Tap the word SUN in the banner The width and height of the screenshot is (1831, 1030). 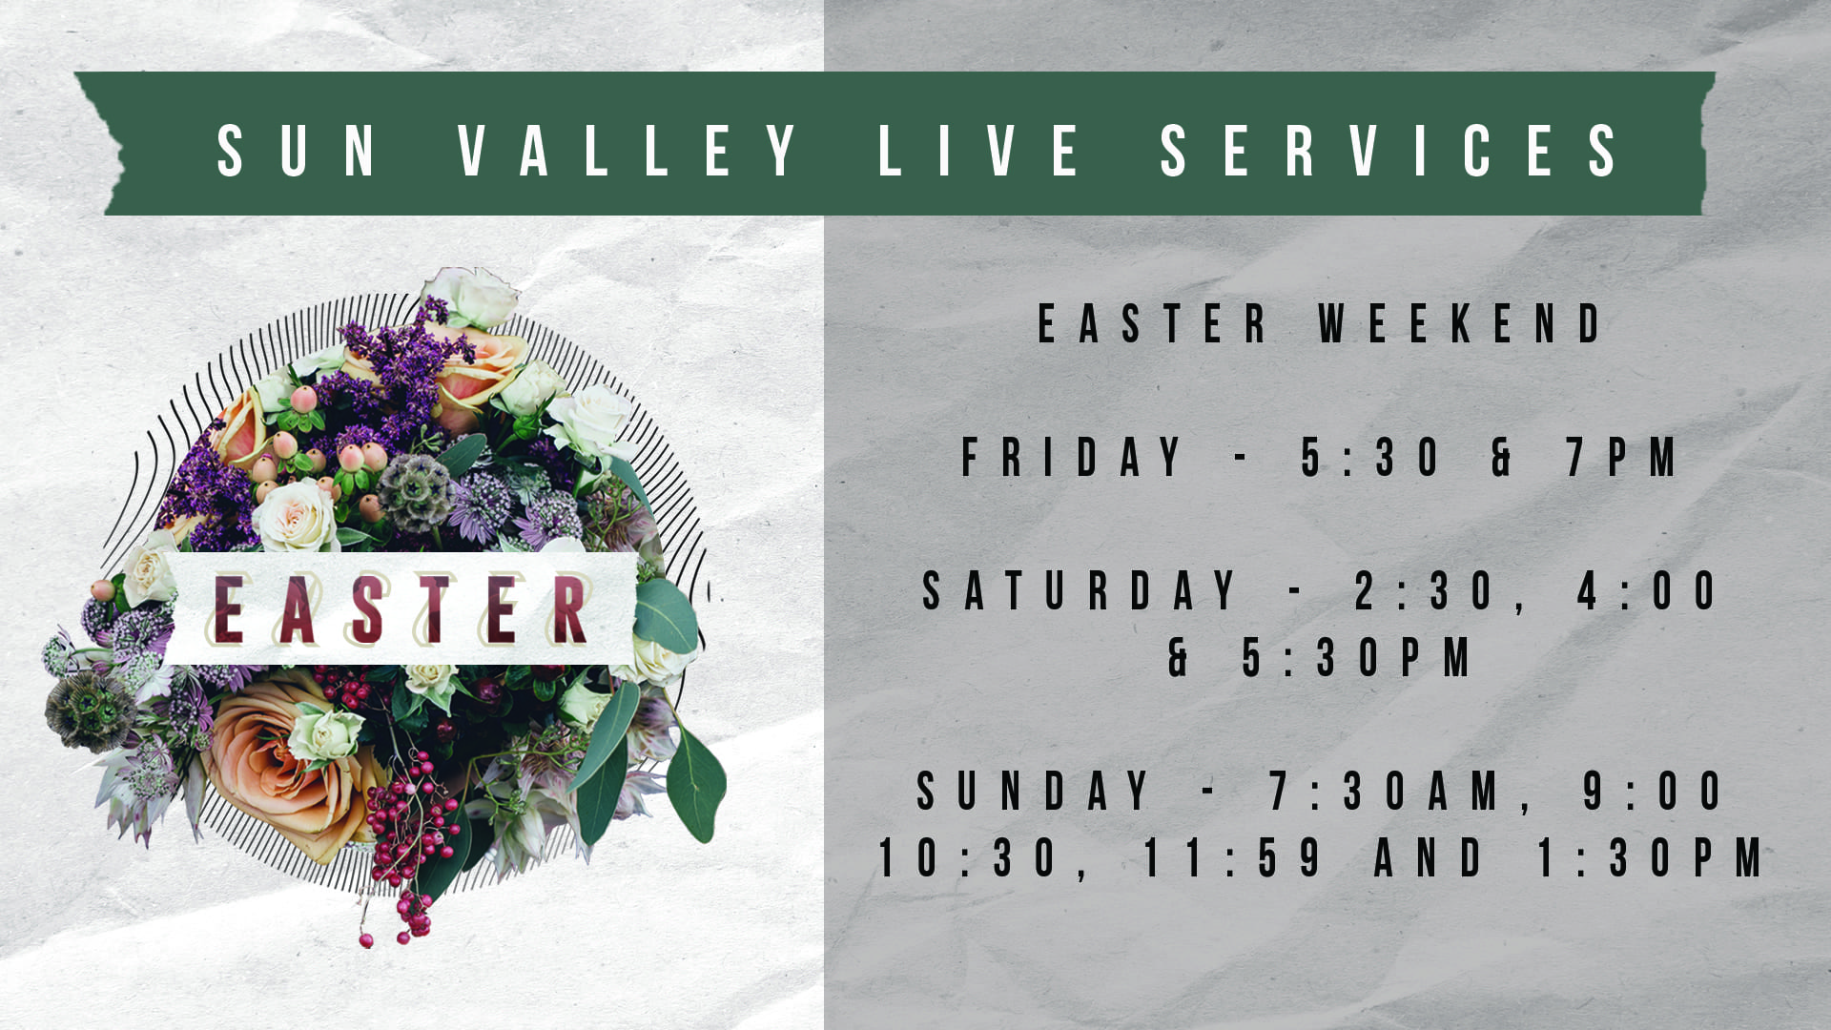297,151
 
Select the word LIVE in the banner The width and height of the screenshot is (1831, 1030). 978,151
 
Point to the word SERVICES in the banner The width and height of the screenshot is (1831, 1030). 1389,151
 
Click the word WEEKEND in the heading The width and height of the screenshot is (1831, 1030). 1460,323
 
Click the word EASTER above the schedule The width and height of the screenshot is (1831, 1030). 1152,323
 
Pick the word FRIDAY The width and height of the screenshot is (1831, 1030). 1072,457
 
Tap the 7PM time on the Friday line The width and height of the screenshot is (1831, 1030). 1622,457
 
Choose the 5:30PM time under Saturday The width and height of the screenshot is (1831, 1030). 1357,657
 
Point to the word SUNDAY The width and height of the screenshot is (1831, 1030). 1034,791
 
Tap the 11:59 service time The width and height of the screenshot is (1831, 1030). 1232,857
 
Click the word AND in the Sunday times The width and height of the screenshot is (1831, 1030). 1428,857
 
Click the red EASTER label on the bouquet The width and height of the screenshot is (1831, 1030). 401,609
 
